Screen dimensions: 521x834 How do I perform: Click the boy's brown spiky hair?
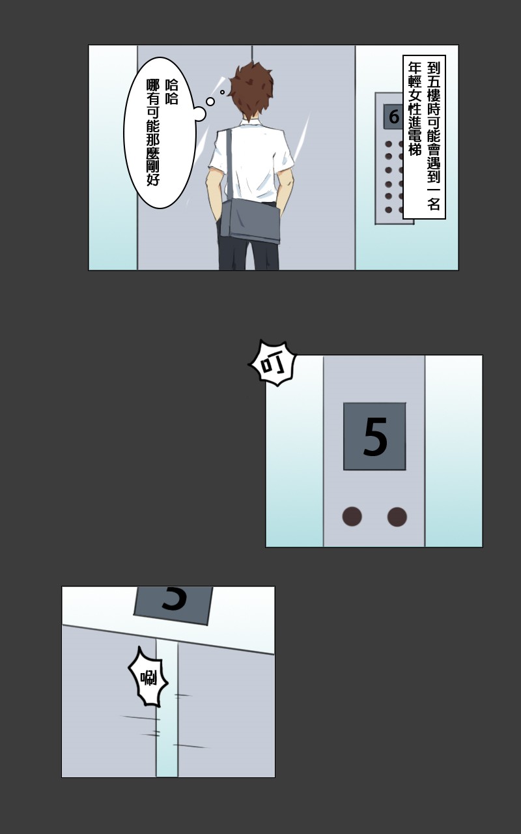click(x=251, y=89)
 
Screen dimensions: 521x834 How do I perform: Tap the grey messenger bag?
click(x=250, y=221)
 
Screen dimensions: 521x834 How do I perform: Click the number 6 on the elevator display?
click(x=394, y=117)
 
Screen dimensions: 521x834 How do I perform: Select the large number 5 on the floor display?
click(x=375, y=437)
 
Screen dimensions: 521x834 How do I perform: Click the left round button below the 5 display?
click(x=352, y=517)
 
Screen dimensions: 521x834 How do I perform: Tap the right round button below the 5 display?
click(x=397, y=517)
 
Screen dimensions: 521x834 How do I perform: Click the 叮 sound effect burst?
click(x=273, y=363)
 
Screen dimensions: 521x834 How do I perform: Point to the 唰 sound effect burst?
click(x=148, y=677)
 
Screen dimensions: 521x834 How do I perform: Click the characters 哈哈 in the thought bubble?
click(x=171, y=92)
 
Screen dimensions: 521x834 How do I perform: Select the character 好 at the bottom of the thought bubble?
click(x=153, y=179)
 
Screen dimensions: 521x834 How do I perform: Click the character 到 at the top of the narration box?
click(x=433, y=68)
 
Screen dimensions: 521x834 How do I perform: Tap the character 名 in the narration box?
click(x=433, y=204)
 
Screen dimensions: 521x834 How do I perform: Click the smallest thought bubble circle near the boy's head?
click(x=222, y=92)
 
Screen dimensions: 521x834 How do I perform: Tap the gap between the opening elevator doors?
click(x=167, y=708)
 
